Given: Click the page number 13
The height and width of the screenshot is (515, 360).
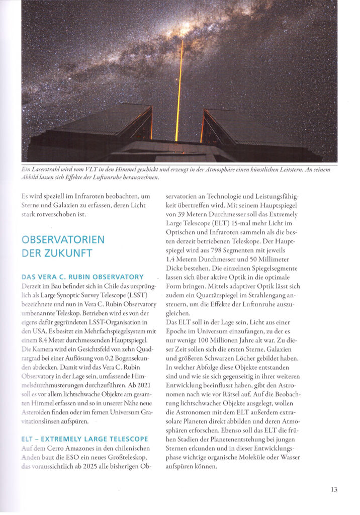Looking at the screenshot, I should click(x=334, y=489).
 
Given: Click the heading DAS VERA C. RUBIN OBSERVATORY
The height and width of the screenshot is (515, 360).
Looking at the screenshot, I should click(x=83, y=277).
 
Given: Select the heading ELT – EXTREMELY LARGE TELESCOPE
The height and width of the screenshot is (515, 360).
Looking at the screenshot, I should click(x=85, y=439).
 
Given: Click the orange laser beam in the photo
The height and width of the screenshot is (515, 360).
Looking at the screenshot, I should click(x=178, y=91).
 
